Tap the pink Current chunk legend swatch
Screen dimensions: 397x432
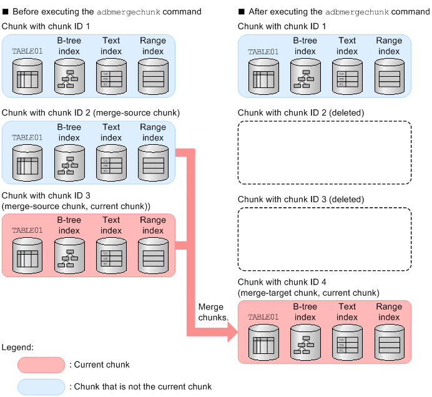[x=41, y=365]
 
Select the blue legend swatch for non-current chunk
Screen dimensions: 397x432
[x=41, y=386]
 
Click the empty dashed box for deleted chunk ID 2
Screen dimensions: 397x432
[x=325, y=152]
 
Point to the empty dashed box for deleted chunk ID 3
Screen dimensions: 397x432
[x=325, y=238]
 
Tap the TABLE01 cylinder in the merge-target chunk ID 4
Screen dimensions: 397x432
[x=263, y=343]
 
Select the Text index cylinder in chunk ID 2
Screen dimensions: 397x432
[x=111, y=164]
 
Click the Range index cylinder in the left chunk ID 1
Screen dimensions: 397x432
[x=153, y=77]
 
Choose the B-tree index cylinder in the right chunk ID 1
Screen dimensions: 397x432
[x=305, y=77]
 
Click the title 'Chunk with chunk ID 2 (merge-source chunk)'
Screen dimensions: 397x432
[x=91, y=112]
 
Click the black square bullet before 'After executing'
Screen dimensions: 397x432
[x=242, y=11]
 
